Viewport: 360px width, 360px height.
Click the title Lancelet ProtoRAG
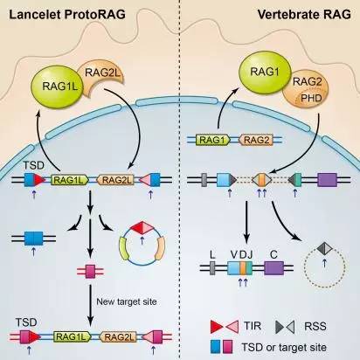[67, 14]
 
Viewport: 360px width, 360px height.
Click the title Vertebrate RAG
[304, 14]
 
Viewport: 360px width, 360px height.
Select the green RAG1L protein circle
[57, 87]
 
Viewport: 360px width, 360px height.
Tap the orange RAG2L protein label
[102, 73]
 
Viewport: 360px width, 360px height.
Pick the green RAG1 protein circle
[265, 73]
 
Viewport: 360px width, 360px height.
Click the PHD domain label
[311, 98]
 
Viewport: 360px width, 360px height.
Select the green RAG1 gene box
[213, 140]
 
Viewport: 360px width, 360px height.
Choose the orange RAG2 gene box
[256, 140]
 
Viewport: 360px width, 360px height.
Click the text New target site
[127, 301]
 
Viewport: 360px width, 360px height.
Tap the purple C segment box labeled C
[273, 268]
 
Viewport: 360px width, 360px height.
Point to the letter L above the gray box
[212, 255]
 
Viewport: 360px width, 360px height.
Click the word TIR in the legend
[253, 326]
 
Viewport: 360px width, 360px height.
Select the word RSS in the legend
[315, 326]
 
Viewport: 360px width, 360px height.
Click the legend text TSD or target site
[284, 347]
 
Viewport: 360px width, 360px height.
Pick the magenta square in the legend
[227, 347]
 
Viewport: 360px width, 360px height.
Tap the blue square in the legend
[216, 347]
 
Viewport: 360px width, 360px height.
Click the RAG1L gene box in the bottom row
[72, 337]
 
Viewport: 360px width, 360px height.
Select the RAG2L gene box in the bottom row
[118, 337]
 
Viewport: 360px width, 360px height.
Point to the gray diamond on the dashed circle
[324, 248]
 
